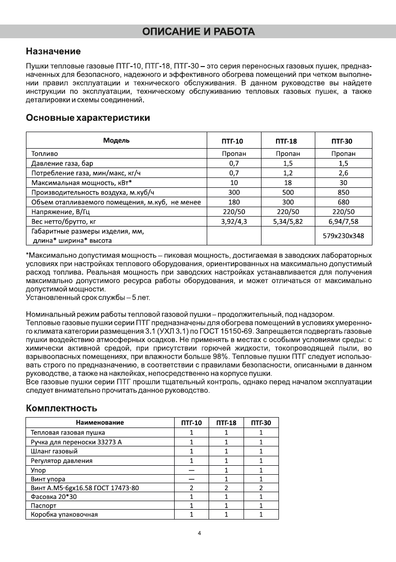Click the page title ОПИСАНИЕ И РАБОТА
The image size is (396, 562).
coord(198,32)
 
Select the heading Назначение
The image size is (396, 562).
coord(53,51)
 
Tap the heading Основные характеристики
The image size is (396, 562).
coord(88,117)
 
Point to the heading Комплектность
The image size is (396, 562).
coord(61,408)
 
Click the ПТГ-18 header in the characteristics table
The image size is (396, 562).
coord(286,141)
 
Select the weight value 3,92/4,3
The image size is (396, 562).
coord(234,221)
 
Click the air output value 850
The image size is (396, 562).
coord(343,192)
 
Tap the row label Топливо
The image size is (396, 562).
coord(45,153)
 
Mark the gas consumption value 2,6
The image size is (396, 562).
coord(343,173)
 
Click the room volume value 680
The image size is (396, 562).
coord(343,202)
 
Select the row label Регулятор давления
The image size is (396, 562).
coord(61,461)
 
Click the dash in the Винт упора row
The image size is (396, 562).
coord(191,478)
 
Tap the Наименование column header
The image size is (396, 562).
coord(100,423)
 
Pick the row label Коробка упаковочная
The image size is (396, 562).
coord(64,514)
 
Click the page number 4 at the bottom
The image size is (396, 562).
coord(199,534)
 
